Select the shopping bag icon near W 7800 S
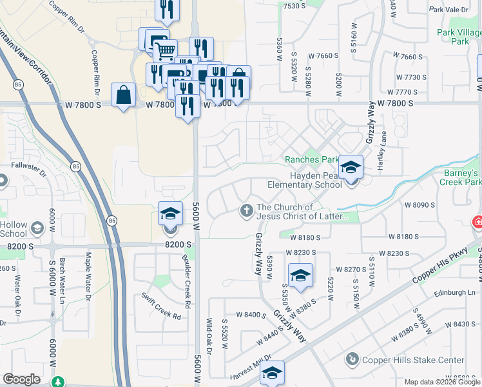123,95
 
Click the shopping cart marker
166,50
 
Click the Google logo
21,379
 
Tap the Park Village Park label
461,37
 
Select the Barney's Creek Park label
460,177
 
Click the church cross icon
246,210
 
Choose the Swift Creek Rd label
161,305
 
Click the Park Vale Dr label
453,10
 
